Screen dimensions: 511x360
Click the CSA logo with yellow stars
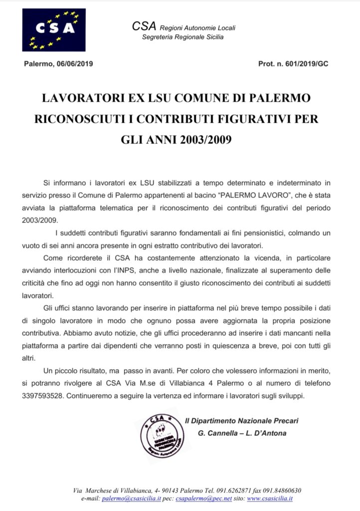pos(53,30)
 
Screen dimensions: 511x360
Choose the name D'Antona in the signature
pos(269,433)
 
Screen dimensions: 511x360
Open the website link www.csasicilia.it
pos(270,498)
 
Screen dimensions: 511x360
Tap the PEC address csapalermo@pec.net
pos(199,498)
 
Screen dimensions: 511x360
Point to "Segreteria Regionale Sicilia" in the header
pos(182,37)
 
